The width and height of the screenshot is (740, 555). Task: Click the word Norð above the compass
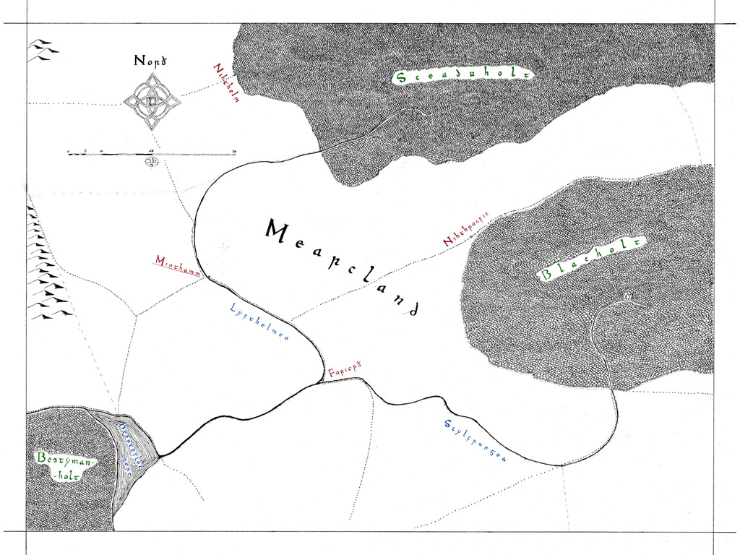pos(152,61)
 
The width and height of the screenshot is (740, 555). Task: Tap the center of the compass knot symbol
pos(152,103)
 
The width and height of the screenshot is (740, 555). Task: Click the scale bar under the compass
pos(152,154)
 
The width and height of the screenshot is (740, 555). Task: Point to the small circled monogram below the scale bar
pos(152,162)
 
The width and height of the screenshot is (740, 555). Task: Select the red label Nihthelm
pos(225,84)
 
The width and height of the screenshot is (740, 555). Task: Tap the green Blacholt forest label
pos(591,259)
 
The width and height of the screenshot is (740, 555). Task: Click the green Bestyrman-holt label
pos(64,468)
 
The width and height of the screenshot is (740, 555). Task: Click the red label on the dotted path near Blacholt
pos(467,228)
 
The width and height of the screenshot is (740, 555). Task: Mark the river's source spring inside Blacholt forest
pos(627,297)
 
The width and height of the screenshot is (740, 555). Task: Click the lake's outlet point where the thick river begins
pos(159,456)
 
